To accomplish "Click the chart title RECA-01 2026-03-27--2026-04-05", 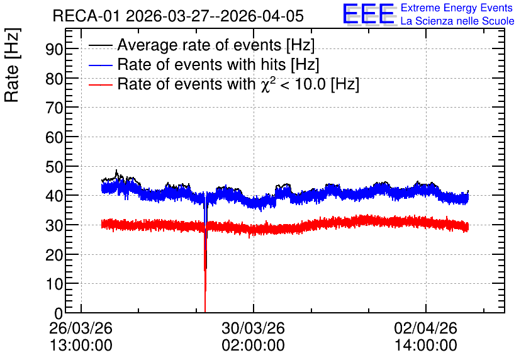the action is (x=178, y=16).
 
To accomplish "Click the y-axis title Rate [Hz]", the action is (x=13, y=65).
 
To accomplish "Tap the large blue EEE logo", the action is (x=369, y=14).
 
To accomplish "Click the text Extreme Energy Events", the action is (x=457, y=8).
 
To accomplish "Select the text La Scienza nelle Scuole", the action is (x=457, y=21).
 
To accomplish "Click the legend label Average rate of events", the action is (x=216, y=45).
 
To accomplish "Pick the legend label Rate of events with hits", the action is (x=218, y=64).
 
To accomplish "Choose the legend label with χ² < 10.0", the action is (x=238, y=84).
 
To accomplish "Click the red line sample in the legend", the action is (x=101, y=84).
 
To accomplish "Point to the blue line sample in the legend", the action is (x=101, y=65).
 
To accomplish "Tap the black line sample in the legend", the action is (x=101, y=45).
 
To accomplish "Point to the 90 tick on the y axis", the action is (x=54, y=49).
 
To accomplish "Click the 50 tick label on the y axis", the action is (x=54, y=167).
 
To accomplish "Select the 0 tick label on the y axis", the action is (x=59, y=313).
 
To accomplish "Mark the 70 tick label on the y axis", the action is (x=54, y=108).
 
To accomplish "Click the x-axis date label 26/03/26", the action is (x=81, y=328).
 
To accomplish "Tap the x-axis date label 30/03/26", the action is (x=254, y=328).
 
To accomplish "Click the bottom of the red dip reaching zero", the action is (x=205, y=312).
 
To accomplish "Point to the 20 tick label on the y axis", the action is (x=54, y=255).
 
